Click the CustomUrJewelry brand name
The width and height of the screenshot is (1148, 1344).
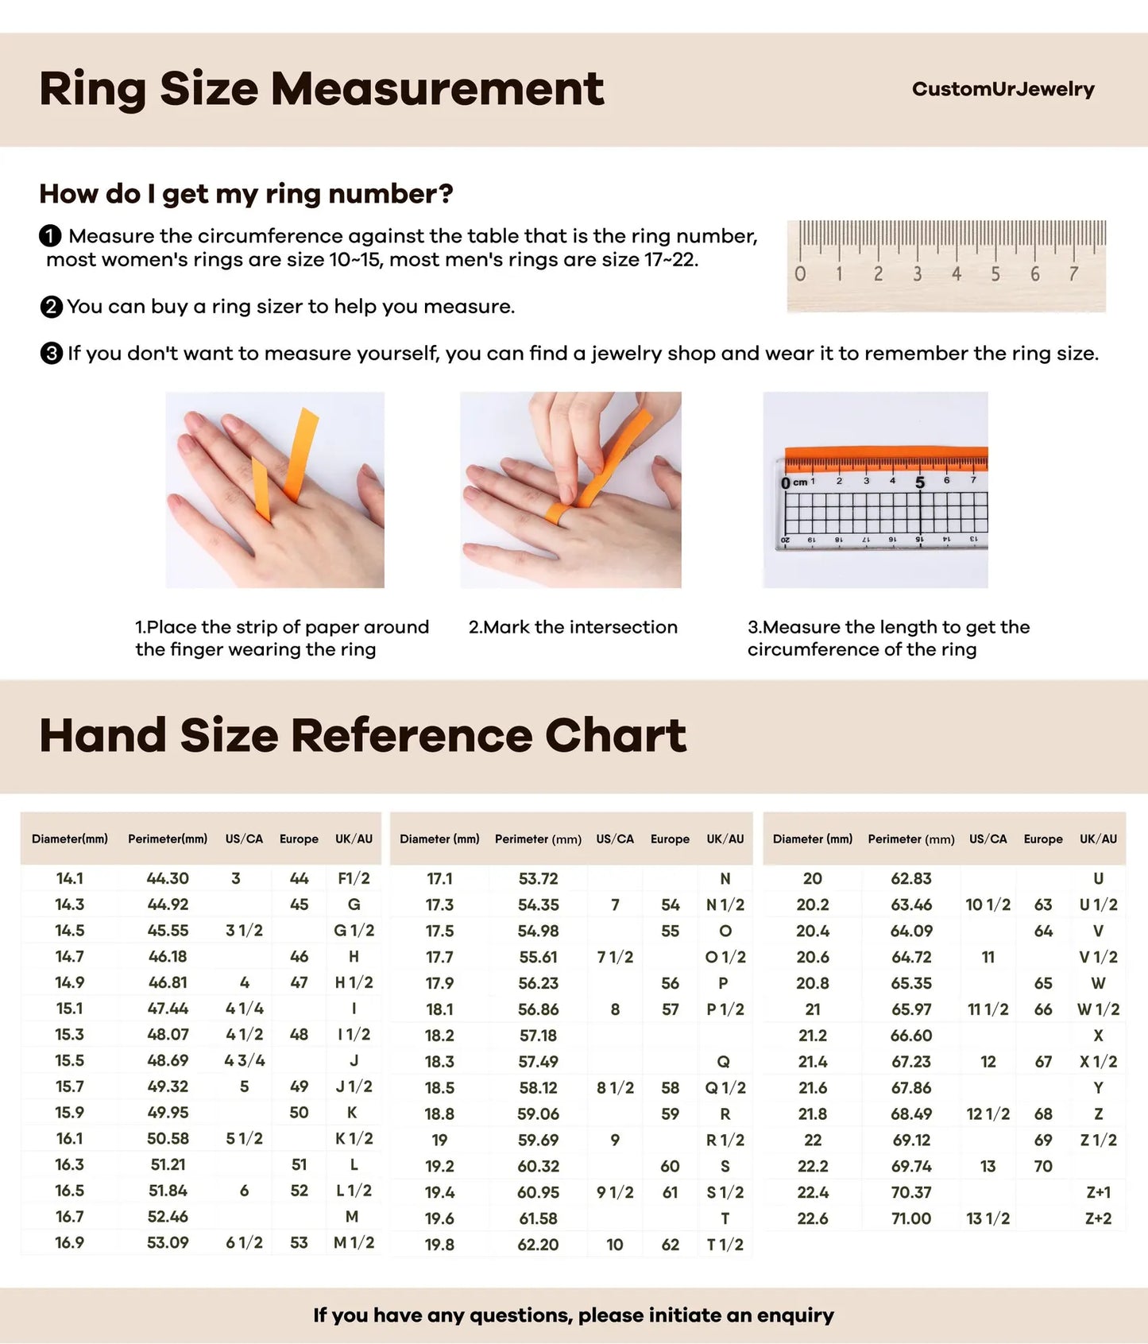(1003, 89)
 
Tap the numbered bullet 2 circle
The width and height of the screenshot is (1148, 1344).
(51, 307)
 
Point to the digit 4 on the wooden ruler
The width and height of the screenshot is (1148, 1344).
(957, 274)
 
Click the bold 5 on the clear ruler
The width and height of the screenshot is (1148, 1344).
(920, 482)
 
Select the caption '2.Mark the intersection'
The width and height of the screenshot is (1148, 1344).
(573, 627)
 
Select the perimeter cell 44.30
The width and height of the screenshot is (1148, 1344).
(168, 878)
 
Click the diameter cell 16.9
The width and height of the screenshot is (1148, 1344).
(69, 1242)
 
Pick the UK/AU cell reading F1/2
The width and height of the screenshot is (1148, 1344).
(354, 878)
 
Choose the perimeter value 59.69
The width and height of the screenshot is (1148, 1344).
(538, 1140)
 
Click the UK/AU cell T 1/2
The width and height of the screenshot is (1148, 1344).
(725, 1245)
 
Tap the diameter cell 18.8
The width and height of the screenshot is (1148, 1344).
(439, 1114)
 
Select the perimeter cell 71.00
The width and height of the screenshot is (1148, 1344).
(910, 1218)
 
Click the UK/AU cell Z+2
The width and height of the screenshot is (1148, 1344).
(1098, 1218)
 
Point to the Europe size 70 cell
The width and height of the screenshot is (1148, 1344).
(1042, 1166)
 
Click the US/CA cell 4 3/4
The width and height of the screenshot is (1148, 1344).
(244, 1060)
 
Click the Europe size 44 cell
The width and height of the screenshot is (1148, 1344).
(299, 878)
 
